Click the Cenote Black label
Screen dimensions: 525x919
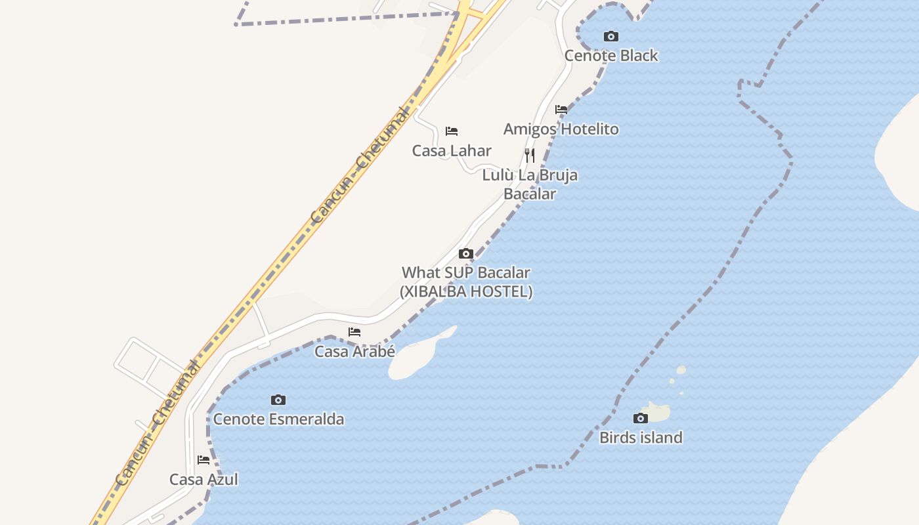pos(611,56)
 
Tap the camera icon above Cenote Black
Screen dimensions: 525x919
pos(611,37)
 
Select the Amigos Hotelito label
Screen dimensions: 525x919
pos(561,129)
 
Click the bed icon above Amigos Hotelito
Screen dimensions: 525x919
pos(561,110)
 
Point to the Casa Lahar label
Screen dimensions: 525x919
pos(452,151)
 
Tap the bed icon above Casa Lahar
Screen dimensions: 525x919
pos(452,131)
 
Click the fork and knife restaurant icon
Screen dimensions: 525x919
pos(530,156)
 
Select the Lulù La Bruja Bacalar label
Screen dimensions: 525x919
pos(530,184)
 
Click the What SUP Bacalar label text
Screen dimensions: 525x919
pos(465,272)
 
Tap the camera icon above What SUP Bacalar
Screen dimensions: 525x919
pos(466,254)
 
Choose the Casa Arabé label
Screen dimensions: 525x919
pos(354,352)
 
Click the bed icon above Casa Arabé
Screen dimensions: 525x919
pos(354,332)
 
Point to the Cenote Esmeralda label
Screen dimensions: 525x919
pos(278,419)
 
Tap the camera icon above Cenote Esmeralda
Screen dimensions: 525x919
pos(278,400)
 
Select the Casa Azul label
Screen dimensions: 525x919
pos(203,480)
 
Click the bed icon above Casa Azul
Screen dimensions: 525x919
pos(203,460)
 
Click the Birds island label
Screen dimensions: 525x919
pos(641,438)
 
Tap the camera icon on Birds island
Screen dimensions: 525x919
pos(641,418)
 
